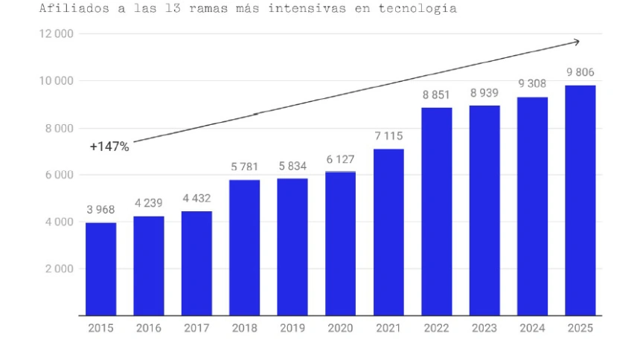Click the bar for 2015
tap(101, 269)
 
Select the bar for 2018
tap(245, 247)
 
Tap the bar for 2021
tap(388, 231)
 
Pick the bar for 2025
tap(580, 200)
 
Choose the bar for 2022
tap(436, 211)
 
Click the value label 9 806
tap(580, 73)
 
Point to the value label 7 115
tap(388, 136)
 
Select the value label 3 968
tap(101, 210)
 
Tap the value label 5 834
tap(292, 166)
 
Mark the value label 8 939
tap(484, 93)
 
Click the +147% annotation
tap(109, 147)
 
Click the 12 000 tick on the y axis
tap(57, 33)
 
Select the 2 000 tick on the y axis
tap(59, 269)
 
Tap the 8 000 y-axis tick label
tap(59, 128)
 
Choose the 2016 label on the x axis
tap(149, 327)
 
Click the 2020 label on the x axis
tap(340, 327)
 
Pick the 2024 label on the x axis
tap(532, 327)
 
